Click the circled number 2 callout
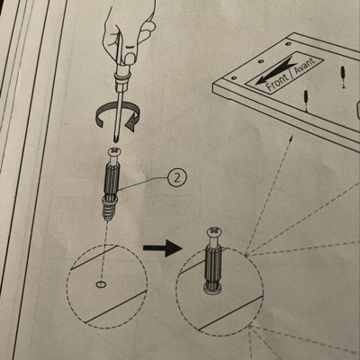[177, 178]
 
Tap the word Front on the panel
[277, 80]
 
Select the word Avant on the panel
[304, 66]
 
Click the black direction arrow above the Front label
[274, 71]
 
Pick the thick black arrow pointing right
[163, 248]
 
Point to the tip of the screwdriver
[115, 140]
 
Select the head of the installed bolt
[214, 231]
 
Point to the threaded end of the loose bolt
[107, 210]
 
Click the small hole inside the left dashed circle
[101, 283]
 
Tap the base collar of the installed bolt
[213, 289]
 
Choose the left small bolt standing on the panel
[306, 101]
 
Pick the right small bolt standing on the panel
[342, 76]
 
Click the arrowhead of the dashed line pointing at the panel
[292, 139]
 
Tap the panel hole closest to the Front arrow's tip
[235, 78]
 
